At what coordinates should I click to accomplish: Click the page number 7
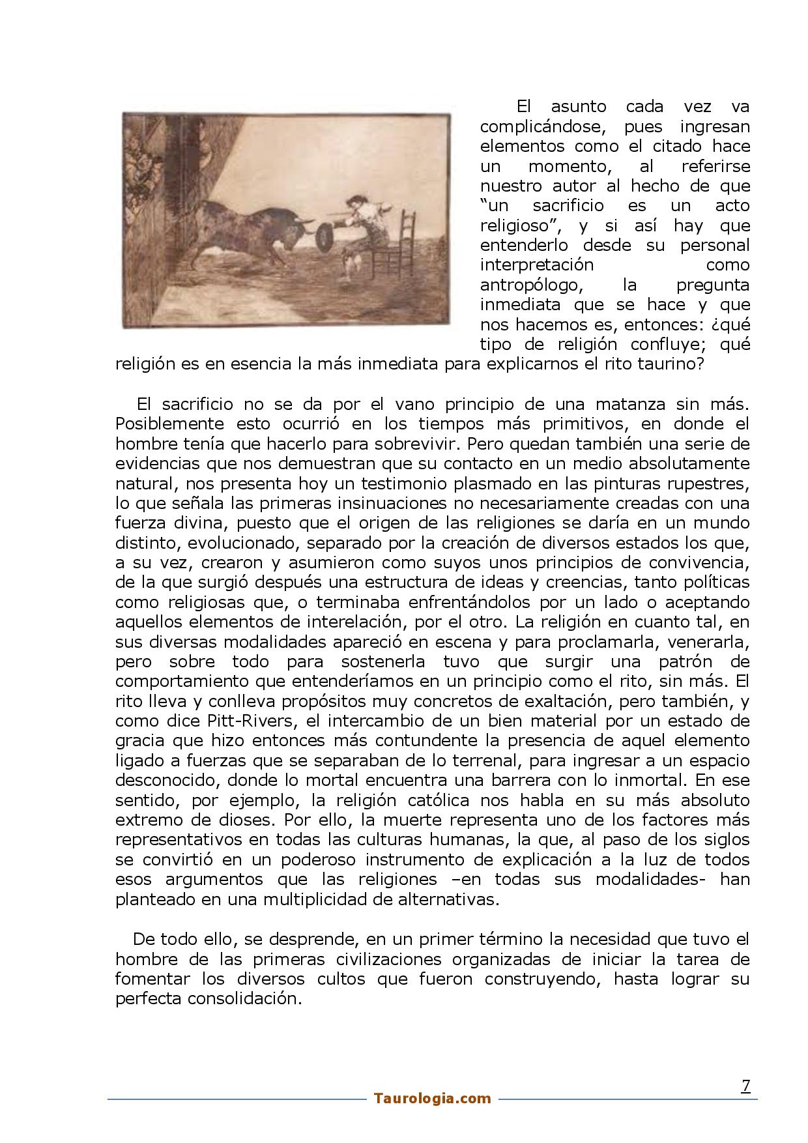(746, 1086)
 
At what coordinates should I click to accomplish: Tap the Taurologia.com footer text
(433, 1099)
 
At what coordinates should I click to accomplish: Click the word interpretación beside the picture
(537, 265)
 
